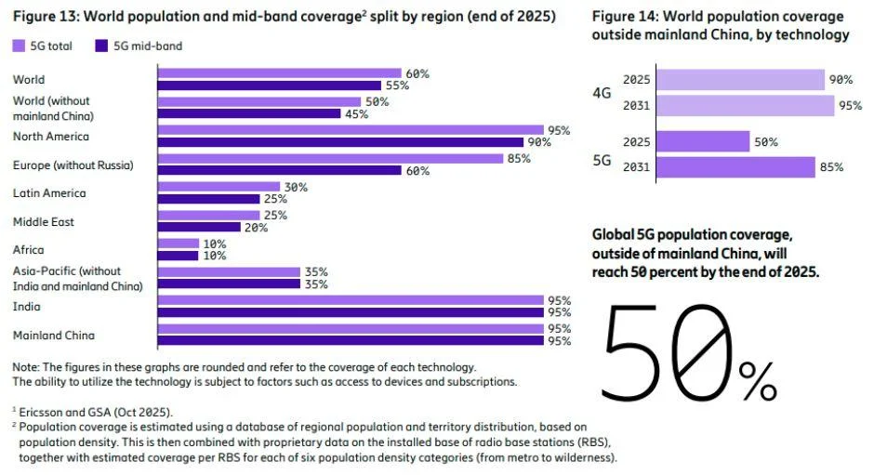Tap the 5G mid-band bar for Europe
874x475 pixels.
pos(279,170)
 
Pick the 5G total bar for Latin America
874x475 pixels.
pos(219,187)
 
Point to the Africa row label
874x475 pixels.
pos(28,250)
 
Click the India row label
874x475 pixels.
pos(26,307)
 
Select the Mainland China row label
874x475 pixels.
pos(53,335)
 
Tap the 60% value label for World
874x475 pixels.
pos(417,73)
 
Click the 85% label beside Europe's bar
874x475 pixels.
pos(519,158)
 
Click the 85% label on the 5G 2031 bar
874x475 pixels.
pos(831,167)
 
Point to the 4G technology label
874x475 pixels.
pos(603,93)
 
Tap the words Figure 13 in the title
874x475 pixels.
pos(42,16)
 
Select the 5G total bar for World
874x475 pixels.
pos(279,73)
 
